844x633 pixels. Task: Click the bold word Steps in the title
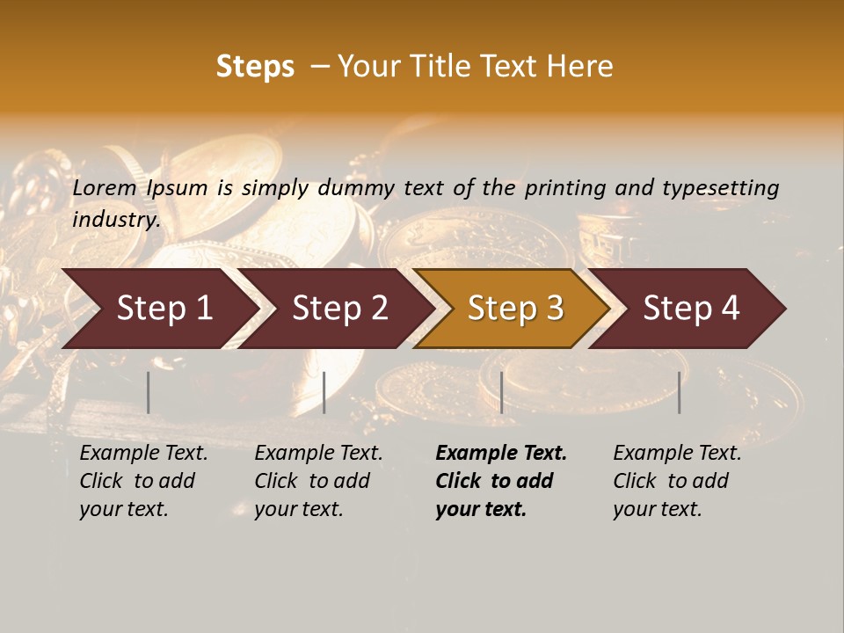pyautogui.click(x=255, y=67)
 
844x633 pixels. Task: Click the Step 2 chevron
pyautogui.click(x=339, y=309)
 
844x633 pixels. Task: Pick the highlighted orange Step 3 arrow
pyautogui.click(x=515, y=309)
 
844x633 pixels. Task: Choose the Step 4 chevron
pyautogui.click(x=691, y=309)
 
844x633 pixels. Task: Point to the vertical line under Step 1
pyautogui.click(x=149, y=392)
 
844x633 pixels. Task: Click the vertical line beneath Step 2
pyautogui.click(x=324, y=392)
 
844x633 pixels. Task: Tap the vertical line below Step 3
pyautogui.click(x=501, y=392)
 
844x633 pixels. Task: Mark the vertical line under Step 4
pyautogui.click(x=680, y=392)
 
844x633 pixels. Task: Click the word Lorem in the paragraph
pyautogui.click(x=105, y=187)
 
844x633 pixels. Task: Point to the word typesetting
pyautogui.click(x=720, y=188)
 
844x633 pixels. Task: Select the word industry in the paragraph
pyautogui.click(x=116, y=219)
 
